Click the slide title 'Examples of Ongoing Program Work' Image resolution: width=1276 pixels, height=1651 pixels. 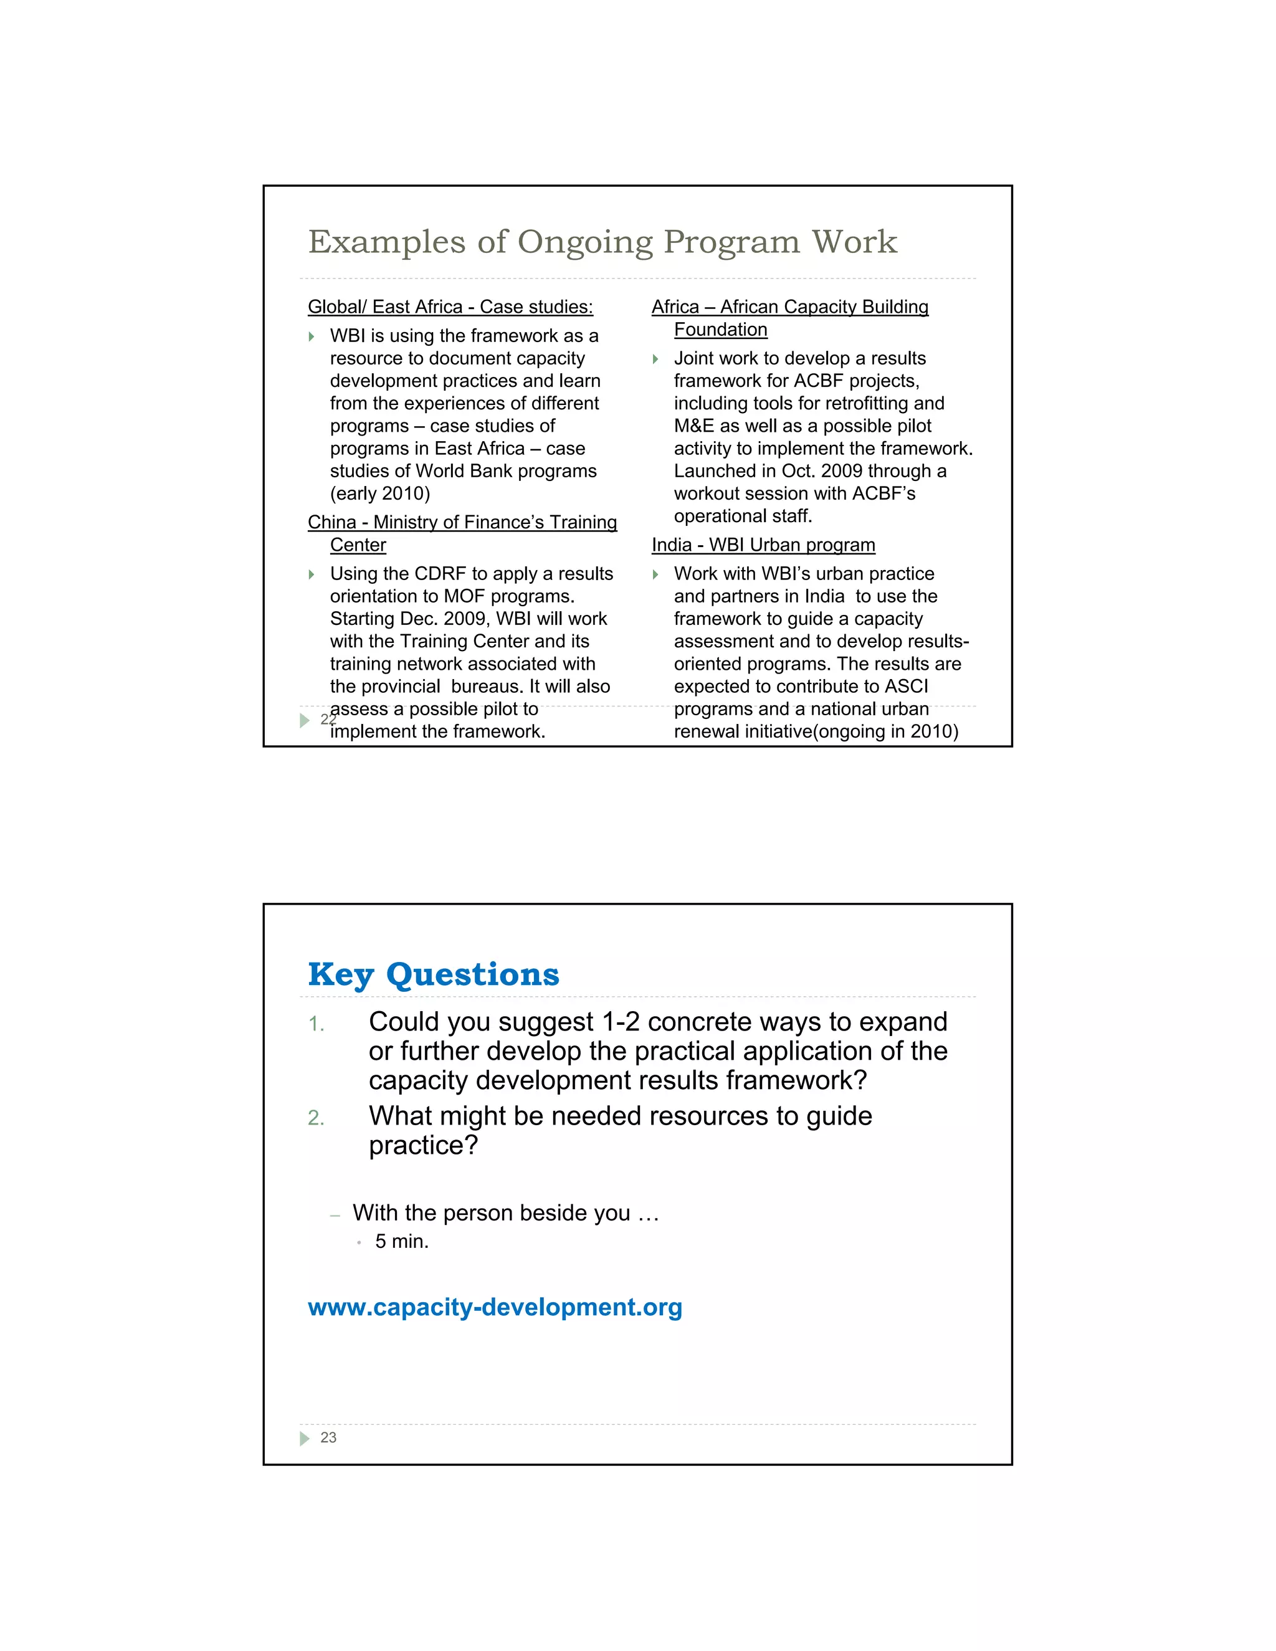coord(602,242)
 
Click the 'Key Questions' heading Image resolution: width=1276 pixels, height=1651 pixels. coord(433,974)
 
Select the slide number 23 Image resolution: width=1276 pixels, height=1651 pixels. coord(328,1438)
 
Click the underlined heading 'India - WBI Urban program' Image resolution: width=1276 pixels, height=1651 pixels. coord(763,545)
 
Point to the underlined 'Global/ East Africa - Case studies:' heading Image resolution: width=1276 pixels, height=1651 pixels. coord(450,307)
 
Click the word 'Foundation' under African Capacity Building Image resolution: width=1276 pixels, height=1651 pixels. coord(720,330)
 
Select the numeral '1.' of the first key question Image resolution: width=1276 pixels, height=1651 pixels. coord(316,1024)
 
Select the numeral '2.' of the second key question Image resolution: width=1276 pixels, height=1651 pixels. coord(316,1118)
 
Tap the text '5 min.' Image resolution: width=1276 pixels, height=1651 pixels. coord(401,1241)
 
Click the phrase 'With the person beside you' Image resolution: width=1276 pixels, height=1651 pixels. coord(492,1212)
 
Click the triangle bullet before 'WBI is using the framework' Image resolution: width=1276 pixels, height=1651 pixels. coord(312,336)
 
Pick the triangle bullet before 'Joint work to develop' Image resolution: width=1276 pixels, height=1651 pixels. coord(655,359)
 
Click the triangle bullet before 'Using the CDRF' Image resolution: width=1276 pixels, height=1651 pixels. coord(312,574)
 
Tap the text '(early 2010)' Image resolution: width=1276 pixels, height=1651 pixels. coord(379,493)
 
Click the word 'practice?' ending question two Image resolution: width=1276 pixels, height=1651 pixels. coord(423,1145)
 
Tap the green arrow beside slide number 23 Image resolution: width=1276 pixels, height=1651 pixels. coord(305,1439)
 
